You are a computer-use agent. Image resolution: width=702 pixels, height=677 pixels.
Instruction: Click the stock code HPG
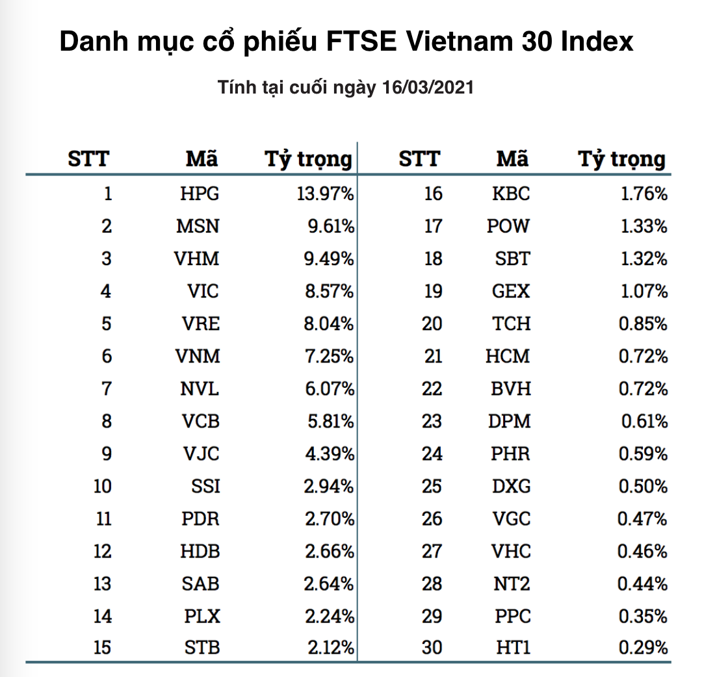pyautogui.click(x=200, y=194)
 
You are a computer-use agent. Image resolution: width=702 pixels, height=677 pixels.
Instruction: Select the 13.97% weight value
pyautogui.click(x=325, y=194)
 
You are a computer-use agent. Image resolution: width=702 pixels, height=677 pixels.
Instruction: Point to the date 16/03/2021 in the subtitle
pyautogui.click(x=430, y=88)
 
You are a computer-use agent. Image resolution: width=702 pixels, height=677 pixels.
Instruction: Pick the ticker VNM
pyautogui.click(x=198, y=356)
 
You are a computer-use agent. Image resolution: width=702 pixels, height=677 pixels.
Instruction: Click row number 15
pyautogui.click(x=102, y=648)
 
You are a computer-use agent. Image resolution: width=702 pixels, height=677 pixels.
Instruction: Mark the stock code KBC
pyautogui.click(x=510, y=194)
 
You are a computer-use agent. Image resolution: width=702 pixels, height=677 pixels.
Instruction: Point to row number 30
pyautogui.click(x=432, y=648)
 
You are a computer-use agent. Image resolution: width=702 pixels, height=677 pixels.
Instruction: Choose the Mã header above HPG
pyautogui.click(x=201, y=159)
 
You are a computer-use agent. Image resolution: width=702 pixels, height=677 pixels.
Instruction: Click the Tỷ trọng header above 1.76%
pyautogui.click(x=622, y=159)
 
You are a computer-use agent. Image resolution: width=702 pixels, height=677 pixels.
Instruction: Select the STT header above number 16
pyautogui.click(x=419, y=159)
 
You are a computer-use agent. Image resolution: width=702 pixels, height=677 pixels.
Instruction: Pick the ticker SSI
pyautogui.click(x=205, y=486)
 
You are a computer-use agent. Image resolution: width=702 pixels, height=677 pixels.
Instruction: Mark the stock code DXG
pyautogui.click(x=510, y=486)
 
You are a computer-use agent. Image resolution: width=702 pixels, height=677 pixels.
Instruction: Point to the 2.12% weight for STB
pyautogui.click(x=329, y=648)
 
